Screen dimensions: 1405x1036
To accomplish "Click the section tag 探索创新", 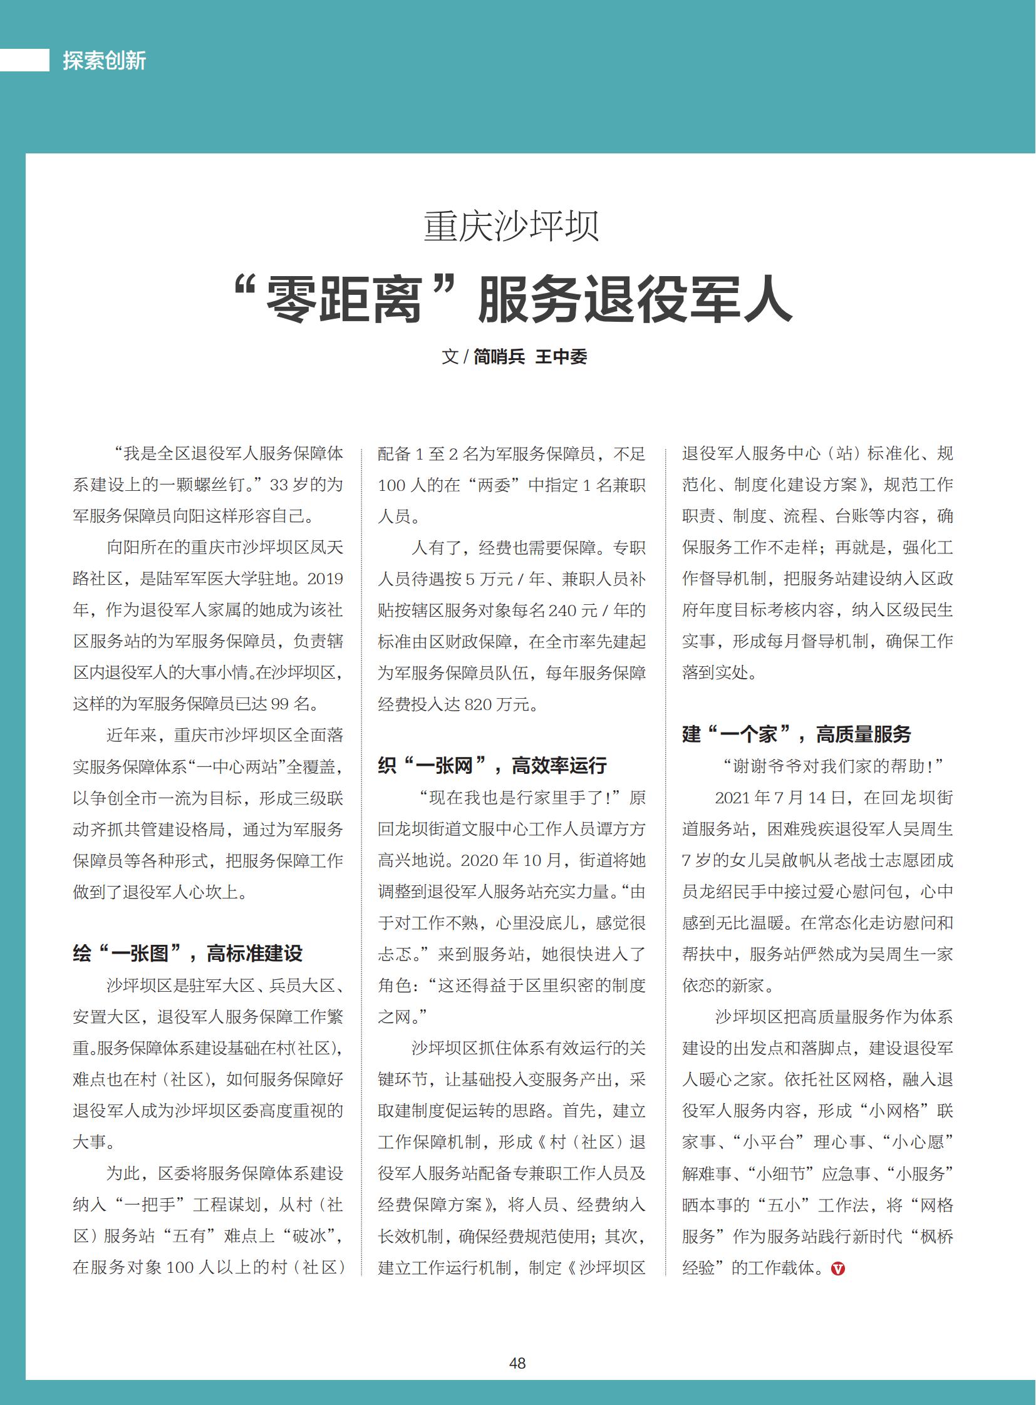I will [x=104, y=61].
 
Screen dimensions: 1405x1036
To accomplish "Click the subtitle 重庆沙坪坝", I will [x=511, y=226].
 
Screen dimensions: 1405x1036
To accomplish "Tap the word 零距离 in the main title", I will [x=343, y=301].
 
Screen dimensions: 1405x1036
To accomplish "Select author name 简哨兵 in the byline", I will [x=499, y=357].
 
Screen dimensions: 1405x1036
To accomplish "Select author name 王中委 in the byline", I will [x=561, y=357].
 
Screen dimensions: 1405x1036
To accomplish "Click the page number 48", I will [x=517, y=1363].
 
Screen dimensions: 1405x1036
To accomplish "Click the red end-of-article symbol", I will [x=838, y=1269].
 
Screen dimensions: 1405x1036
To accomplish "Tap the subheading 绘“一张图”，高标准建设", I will [x=187, y=954].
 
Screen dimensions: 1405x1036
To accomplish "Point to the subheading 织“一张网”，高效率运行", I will [x=492, y=766].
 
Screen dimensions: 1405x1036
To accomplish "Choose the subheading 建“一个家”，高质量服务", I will [x=797, y=734].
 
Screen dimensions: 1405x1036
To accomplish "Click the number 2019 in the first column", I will [x=325, y=579].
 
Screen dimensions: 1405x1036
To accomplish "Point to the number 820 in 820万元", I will [x=478, y=705].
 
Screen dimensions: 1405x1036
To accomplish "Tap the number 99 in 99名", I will [x=281, y=704].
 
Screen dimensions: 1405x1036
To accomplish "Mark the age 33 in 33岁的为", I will [x=280, y=485].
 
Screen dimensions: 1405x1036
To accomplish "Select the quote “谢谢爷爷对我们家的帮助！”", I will [x=834, y=766].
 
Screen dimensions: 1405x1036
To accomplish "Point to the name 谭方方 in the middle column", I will [x=621, y=830].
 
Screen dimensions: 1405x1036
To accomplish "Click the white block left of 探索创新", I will [x=24, y=60].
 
